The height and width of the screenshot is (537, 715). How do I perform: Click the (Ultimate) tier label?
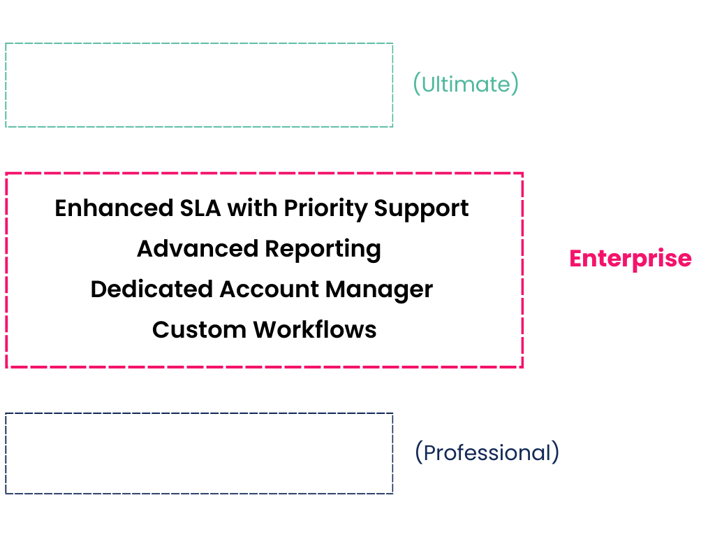click(x=466, y=85)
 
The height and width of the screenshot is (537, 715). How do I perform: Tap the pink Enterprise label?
click(x=631, y=259)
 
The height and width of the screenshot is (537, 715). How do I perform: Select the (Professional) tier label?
click(x=487, y=452)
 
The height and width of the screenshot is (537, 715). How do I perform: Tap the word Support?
click(x=422, y=208)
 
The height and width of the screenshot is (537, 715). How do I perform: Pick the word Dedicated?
click(x=152, y=289)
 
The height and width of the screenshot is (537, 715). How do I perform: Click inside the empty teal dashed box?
click(x=199, y=85)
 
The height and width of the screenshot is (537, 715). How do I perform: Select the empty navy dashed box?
click(x=199, y=453)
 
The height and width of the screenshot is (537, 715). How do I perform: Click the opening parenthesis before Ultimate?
click(x=416, y=85)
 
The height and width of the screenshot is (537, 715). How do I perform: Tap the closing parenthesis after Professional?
click(x=555, y=452)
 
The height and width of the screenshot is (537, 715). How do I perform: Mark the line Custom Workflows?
click(x=264, y=330)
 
